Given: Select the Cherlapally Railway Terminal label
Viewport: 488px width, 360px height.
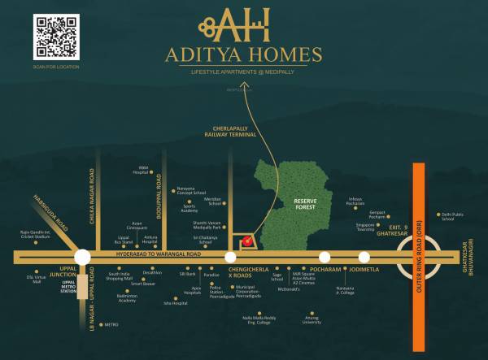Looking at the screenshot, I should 231,134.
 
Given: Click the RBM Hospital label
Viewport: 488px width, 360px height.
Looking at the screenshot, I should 142,171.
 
